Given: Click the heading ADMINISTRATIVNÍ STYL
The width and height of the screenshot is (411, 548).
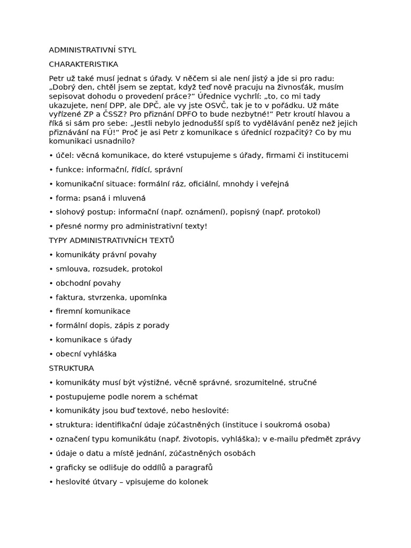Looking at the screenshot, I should (x=93, y=50).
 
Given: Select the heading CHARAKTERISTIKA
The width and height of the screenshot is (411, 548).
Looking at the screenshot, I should (x=83, y=64).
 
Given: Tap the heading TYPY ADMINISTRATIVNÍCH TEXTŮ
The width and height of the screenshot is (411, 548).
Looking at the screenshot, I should (x=111, y=240).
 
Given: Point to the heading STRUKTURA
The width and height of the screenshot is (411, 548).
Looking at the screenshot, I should (x=71, y=368).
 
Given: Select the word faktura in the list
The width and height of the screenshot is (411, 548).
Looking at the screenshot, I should (x=70, y=297).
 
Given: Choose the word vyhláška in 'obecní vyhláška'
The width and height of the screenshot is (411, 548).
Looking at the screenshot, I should (x=100, y=354).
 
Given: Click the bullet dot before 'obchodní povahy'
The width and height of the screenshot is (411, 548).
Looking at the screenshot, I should (x=51, y=283).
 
